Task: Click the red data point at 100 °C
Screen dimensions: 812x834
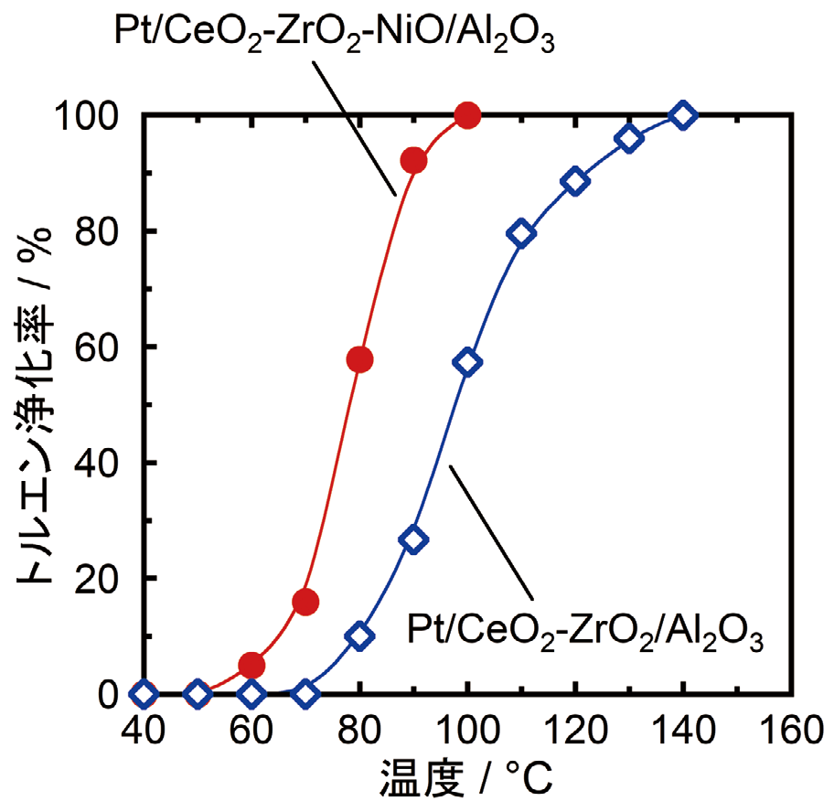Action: pyautogui.click(x=467, y=115)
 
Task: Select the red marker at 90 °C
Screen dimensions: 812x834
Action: pyautogui.click(x=413, y=161)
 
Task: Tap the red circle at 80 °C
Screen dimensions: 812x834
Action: pyautogui.click(x=359, y=359)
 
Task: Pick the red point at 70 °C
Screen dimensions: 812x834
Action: pyautogui.click(x=305, y=602)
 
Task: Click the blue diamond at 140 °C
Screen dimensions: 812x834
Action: pyautogui.click(x=682, y=115)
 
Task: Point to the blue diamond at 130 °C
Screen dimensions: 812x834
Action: pyautogui.click(x=629, y=139)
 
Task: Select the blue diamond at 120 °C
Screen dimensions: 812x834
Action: pyautogui.click(x=575, y=181)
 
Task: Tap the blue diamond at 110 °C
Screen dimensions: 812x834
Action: pyautogui.click(x=521, y=233)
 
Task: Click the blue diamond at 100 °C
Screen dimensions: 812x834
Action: pyautogui.click(x=467, y=362)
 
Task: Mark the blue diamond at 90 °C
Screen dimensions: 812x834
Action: pyautogui.click(x=413, y=540)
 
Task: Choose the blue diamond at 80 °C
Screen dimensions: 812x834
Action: pyautogui.click(x=359, y=636)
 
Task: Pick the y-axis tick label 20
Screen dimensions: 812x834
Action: pyautogui.click(x=101, y=579)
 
